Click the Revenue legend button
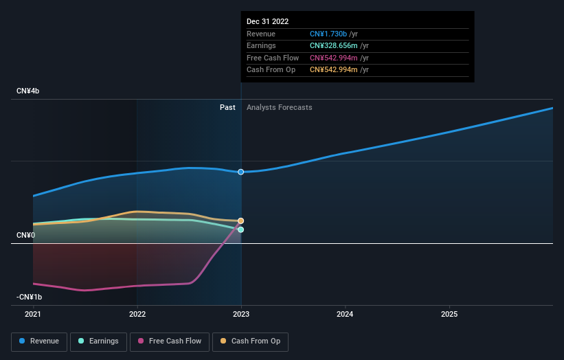(39, 341)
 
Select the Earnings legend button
(98, 341)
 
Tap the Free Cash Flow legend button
(170, 341)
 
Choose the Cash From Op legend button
(250, 341)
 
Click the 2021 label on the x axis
(33, 315)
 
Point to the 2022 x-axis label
(137, 315)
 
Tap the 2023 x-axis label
(241, 315)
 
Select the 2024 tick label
(345, 315)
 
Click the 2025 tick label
(449, 315)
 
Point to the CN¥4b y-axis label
(27, 91)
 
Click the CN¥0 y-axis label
(25, 235)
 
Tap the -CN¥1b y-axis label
(29, 297)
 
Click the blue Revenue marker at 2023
(241, 172)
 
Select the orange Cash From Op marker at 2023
(241, 221)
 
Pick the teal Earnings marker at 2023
(241, 230)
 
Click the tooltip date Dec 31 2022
(268, 21)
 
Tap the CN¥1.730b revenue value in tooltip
(328, 34)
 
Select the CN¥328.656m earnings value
(334, 45)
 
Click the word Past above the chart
(227, 108)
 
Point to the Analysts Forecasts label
(280, 108)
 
